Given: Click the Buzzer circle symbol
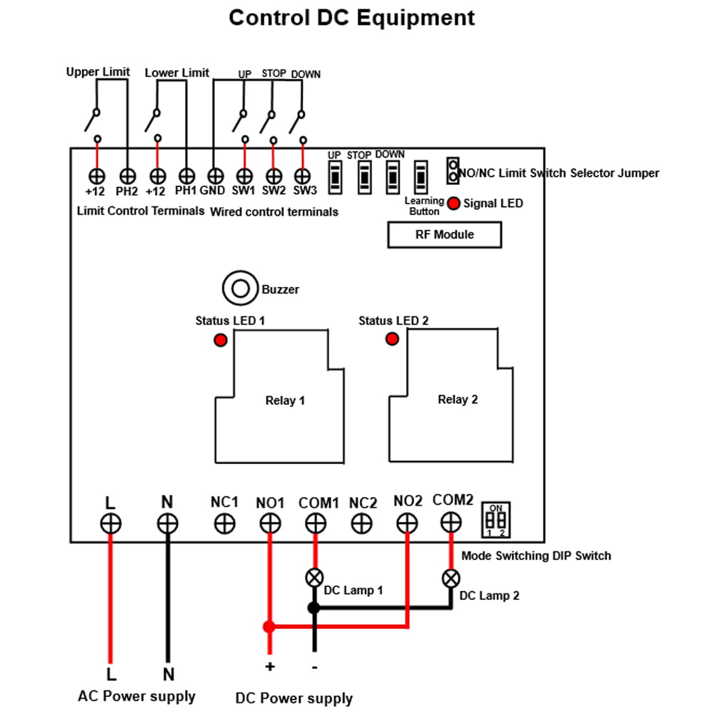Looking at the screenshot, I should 238,288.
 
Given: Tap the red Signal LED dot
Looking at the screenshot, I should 453,203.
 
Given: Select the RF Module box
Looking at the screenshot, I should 444,234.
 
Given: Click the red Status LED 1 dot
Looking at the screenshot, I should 221,340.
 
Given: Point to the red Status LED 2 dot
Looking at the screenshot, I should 391,338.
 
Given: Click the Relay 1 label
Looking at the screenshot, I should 285,401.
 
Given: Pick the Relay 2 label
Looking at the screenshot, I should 458,399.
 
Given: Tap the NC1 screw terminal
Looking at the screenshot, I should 225,523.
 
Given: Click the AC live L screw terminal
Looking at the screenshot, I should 111,523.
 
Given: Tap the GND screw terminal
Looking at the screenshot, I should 215,175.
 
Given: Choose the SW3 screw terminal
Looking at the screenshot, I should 303,175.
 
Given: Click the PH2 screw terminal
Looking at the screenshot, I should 126,175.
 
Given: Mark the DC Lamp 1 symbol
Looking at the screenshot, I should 313,577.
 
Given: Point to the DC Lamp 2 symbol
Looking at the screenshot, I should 451,577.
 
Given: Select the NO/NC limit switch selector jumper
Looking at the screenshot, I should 453,170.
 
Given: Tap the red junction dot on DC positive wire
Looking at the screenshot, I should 268,627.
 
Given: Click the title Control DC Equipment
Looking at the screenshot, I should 351,17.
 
